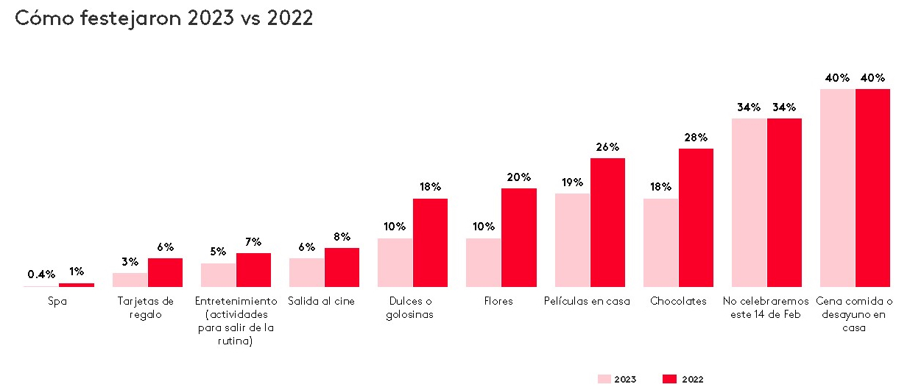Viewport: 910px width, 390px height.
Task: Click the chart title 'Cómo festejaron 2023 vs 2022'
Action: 164,18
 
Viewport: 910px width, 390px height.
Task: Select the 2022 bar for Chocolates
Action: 696,218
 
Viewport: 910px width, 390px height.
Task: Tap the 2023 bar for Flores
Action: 484,263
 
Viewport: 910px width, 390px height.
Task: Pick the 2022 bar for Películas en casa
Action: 607,222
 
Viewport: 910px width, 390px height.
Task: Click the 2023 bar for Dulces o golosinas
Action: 395,263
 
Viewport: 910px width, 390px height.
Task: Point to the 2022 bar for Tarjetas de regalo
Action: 165,272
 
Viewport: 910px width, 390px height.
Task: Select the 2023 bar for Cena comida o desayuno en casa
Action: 837,188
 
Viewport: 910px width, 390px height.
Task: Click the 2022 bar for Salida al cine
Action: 342,267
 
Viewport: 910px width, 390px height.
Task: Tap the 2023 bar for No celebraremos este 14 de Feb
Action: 749,202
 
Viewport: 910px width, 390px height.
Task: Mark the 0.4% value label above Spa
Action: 41,274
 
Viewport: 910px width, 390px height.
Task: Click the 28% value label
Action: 696,138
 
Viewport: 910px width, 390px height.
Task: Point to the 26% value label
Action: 607,147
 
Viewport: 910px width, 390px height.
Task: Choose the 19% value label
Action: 572,182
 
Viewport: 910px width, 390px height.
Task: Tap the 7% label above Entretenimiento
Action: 253,242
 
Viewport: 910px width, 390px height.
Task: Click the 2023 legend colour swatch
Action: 604,379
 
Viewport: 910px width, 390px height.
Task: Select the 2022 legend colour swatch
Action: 669,379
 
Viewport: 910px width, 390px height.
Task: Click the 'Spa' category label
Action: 57,301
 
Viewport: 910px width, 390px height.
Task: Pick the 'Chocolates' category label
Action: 678,301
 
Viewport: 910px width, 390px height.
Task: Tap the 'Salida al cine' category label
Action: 324,301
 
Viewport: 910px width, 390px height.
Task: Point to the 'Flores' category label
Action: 501,301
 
